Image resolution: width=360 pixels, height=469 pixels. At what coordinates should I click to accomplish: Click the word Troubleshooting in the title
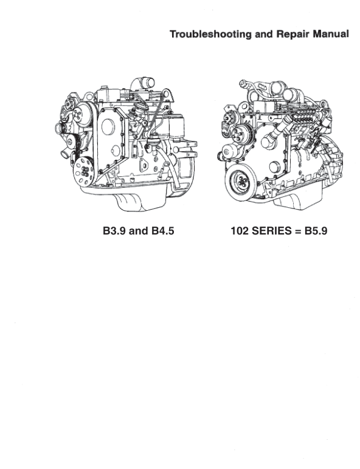click(x=211, y=34)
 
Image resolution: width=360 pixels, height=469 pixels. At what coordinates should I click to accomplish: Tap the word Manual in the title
click(x=331, y=34)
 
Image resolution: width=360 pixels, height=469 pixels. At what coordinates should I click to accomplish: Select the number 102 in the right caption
click(x=240, y=231)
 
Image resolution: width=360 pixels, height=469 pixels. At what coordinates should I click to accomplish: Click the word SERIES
click(x=271, y=231)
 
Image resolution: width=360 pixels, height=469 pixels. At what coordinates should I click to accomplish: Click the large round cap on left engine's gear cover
click(x=108, y=126)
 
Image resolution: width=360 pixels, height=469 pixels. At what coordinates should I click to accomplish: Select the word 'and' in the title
click(x=264, y=34)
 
